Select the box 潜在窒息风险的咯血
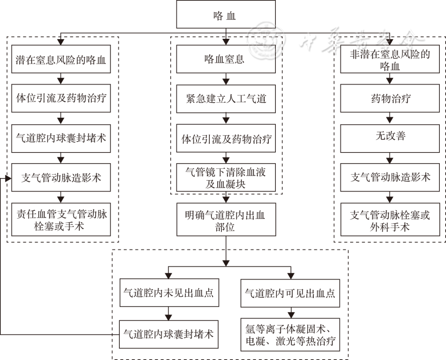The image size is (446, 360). pos(61,60)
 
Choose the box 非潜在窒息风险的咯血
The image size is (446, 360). pos(390,60)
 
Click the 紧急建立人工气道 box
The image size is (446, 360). pos(226,99)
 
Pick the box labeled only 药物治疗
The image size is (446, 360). pos(390,99)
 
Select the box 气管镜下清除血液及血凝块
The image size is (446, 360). pos(226,178)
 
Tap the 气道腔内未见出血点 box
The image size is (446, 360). pos(168,293)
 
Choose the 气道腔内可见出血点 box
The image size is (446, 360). pos(290,293)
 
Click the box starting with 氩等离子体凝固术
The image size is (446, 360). pos(290,335)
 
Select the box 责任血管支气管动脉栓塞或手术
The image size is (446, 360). pos(61,220)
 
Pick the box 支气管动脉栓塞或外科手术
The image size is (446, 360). pos(390,220)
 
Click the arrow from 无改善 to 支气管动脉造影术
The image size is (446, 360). pos(390,158)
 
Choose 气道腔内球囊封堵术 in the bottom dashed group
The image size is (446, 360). pos(168,334)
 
